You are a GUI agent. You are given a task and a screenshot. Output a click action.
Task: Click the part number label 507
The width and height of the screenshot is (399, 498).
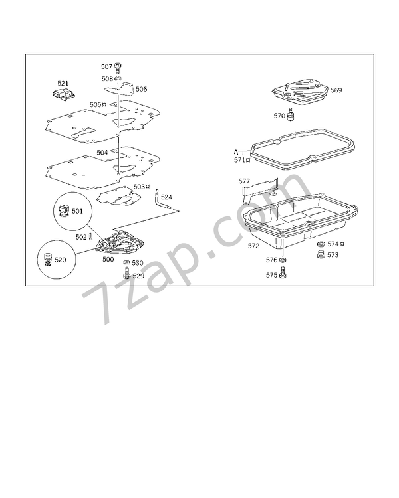(106, 66)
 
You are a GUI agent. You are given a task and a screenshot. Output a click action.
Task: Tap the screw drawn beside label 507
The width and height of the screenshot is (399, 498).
(118, 68)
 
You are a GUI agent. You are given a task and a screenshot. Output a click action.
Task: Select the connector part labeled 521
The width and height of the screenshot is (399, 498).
(64, 94)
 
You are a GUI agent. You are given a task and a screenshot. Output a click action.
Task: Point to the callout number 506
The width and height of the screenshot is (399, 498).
(141, 89)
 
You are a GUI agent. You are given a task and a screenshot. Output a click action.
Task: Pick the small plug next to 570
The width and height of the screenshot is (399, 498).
(290, 115)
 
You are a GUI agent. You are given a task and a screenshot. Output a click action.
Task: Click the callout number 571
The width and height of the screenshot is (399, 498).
(239, 160)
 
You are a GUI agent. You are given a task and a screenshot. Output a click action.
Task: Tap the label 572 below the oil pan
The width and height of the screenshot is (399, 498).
(253, 246)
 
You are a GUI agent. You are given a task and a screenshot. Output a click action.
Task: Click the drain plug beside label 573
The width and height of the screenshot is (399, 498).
(321, 254)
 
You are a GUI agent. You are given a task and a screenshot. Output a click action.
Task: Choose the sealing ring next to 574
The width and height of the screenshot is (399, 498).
(321, 244)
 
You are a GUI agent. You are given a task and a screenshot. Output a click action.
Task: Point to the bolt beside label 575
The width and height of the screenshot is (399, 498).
(282, 273)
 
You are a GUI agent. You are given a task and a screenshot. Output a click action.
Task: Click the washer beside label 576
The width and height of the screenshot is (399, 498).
(282, 260)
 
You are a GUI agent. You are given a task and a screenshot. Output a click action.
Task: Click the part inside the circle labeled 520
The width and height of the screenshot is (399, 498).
(48, 260)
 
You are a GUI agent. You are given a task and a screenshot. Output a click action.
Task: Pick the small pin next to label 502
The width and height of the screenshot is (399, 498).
(91, 236)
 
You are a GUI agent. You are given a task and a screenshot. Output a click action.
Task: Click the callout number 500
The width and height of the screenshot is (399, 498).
(108, 259)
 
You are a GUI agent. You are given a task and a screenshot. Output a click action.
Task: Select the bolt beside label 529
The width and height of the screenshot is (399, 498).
(126, 273)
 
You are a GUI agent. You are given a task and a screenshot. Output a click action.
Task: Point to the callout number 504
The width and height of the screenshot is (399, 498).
(102, 153)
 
